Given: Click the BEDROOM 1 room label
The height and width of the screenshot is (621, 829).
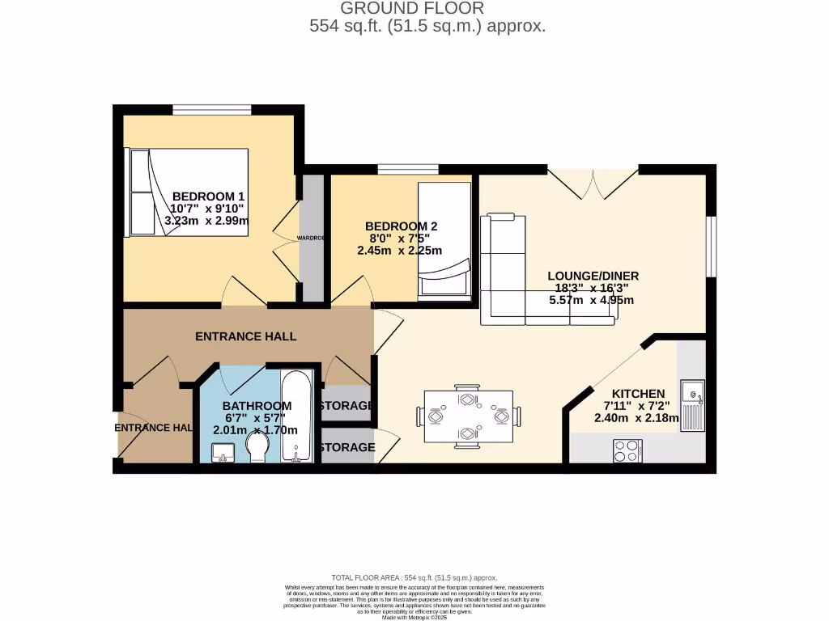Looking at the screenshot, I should coord(208,196).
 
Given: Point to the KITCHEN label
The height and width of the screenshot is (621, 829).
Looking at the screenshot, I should coord(638,394).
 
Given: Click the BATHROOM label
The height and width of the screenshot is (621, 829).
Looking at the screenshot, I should coord(257,406).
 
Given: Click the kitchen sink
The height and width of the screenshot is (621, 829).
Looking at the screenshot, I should coord(692,404).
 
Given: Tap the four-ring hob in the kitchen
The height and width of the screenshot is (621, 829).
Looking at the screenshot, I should coord(627,450).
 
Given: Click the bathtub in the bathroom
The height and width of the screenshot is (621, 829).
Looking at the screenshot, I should coord(295,416).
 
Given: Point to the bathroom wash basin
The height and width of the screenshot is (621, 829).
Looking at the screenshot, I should coord(220,457).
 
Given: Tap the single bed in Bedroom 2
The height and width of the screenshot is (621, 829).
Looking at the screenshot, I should coord(444,240).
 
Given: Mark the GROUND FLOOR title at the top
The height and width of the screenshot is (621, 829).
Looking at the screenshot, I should coord(412,8).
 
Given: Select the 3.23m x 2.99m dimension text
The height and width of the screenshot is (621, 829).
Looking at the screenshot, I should coord(206,220).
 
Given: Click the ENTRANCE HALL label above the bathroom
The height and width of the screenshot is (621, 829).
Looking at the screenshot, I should coord(245,336).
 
